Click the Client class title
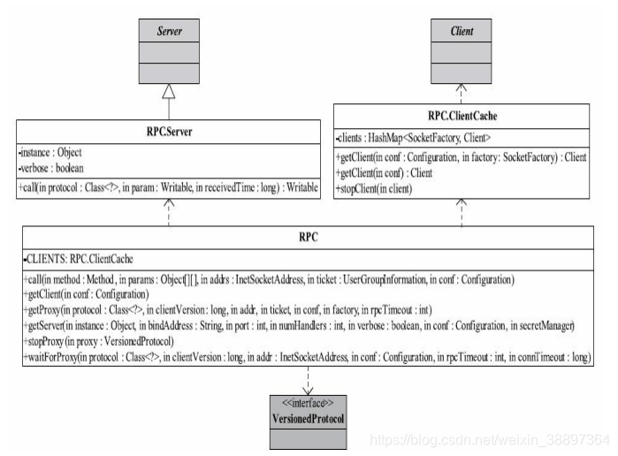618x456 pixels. pos(461,32)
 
